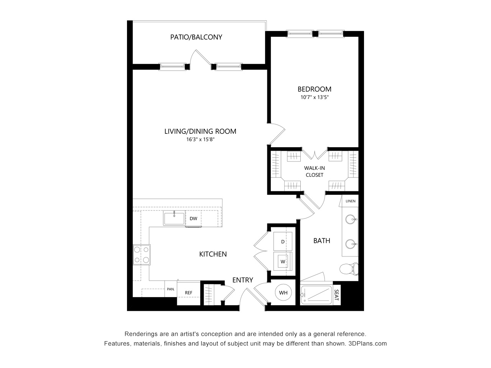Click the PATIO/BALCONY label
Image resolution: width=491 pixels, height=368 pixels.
196,37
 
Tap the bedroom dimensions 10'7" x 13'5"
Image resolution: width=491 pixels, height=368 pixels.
315,97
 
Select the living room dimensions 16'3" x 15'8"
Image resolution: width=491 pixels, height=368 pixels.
200,140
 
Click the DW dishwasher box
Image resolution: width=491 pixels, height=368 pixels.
193,219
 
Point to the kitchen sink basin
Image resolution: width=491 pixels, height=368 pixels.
174,219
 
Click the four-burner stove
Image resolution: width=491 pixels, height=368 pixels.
142,255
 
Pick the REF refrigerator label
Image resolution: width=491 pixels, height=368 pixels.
188,293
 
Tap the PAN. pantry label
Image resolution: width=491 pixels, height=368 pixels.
170,289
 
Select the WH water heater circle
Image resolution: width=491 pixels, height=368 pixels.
283,293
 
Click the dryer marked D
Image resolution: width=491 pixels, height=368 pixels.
283,242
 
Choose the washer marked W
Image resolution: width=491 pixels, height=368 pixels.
283,261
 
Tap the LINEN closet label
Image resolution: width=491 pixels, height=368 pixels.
350,201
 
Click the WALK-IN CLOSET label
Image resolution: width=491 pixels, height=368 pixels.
314,171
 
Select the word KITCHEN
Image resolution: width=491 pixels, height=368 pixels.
213,254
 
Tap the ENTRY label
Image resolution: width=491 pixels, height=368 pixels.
242,280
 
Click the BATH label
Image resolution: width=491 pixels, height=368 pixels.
321,241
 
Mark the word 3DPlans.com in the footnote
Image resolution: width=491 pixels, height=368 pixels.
367,343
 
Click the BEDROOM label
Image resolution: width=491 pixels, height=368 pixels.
314,89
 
